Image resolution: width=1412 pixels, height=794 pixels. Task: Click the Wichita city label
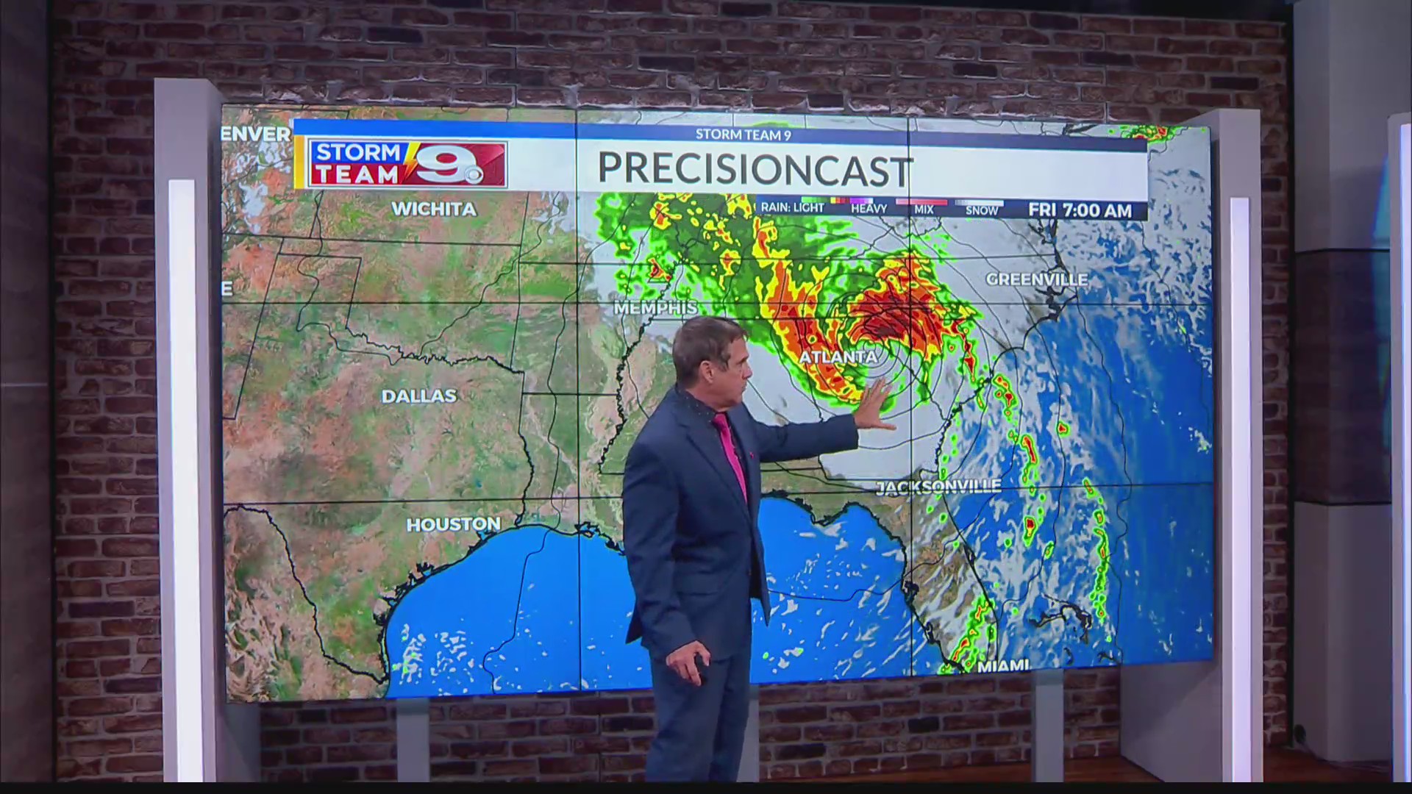[x=434, y=209]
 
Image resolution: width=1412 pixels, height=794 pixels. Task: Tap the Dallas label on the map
[x=419, y=396]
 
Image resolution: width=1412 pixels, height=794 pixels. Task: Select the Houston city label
[x=453, y=524]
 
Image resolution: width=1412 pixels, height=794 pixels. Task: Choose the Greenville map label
[x=1036, y=279]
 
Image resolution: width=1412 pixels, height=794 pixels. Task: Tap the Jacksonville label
[x=938, y=487]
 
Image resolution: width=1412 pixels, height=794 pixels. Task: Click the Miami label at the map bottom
[x=1003, y=666]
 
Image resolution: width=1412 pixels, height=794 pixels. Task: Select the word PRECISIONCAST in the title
[x=755, y=168]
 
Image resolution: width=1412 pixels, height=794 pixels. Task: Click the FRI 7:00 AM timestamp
[x=1080, y=210]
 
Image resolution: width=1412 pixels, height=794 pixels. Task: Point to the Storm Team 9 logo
[x=407, y=163]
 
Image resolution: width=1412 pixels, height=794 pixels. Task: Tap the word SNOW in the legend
[x=982, y=210]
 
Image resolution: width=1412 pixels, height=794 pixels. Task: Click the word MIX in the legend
[x=924, y=210]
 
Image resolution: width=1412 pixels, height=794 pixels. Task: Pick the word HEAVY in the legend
[x=869, y=210]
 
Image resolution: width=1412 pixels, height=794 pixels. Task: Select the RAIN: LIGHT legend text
[x=792, y=208]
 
